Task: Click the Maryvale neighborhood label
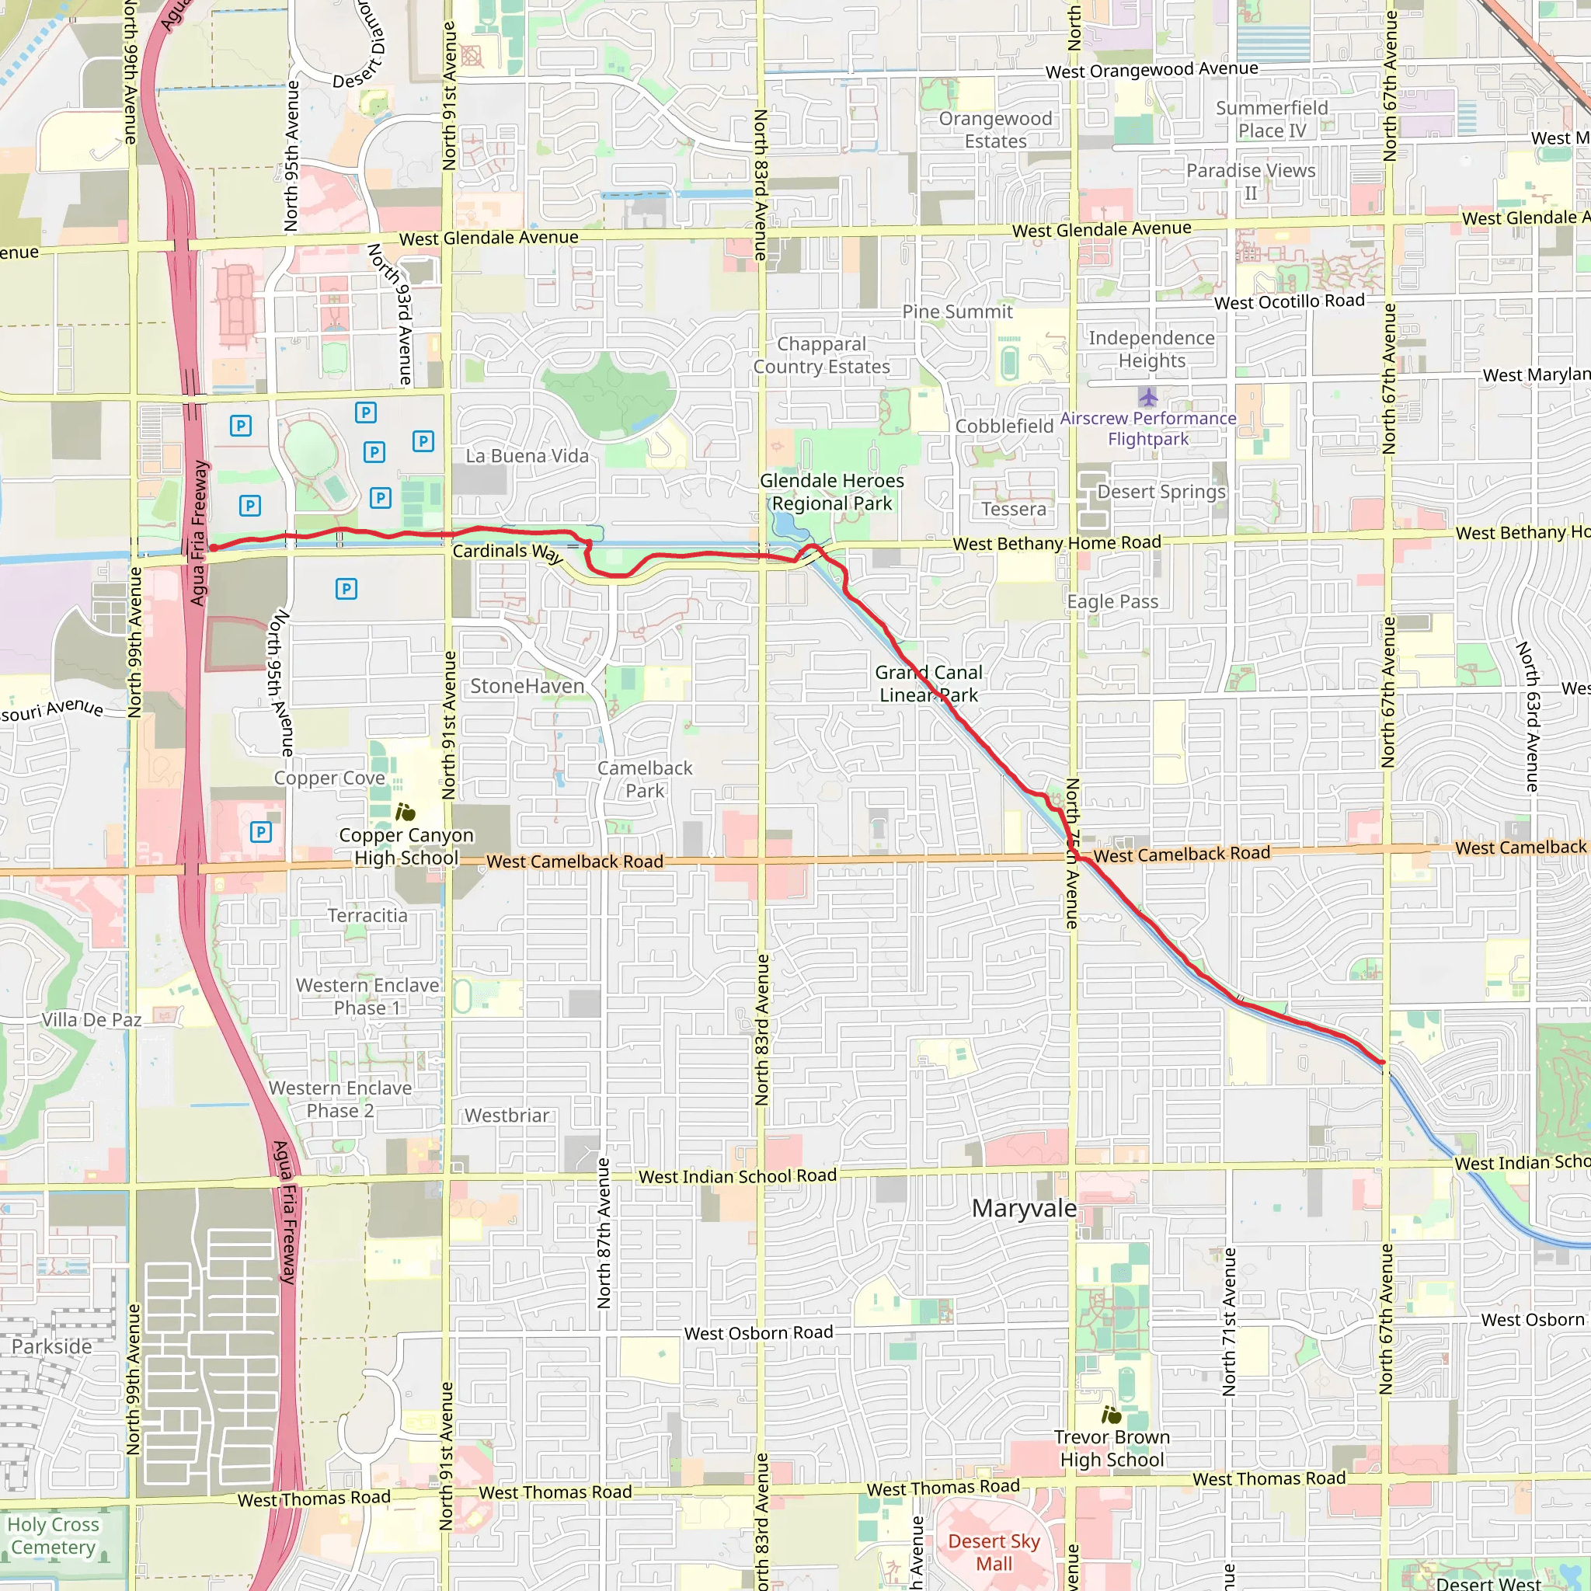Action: pyautogui.click(x=1024, y=1208)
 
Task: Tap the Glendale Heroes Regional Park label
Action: pyautogui.click(x=832, y=492)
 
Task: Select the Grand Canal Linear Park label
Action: pyautogui.click(x=928, y=684)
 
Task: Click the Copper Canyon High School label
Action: pyautogui.click(x=406, y=846)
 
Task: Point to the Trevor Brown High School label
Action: pyautogui.click(x=1111, y=1448)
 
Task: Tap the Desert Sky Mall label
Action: pyautogui.click(x=994, y=1552)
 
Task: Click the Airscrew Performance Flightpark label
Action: pyautogui.click(x=1148, y=428)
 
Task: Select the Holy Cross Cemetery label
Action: pyautogui.click(x=54, y=1536)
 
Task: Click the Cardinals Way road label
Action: pyautogui.click(x=507, y=552)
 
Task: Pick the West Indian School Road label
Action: pyautogui.click(x=737, y=1176)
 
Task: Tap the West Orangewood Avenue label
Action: pyautogui.click(x=1151, y=70)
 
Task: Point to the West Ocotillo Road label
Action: pyautogui.click(x=1289, y=301)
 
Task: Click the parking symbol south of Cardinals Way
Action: pyautogui.click(x=346, y=589)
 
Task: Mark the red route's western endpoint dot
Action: pyautogui.click(x=214, y=548)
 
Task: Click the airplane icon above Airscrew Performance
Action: pyautogui.click(x=1149, y=399)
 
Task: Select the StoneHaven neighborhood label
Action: pyautogui.click(x=527, y=686)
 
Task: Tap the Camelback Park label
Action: pyautogui.click(x=645, y=779)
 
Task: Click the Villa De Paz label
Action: pyautogui.click(x=92, y=1019)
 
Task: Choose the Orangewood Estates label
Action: pyautogui.click(x=996, y=129)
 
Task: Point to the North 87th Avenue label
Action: pyautogui.click(x=604, y=1233)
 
